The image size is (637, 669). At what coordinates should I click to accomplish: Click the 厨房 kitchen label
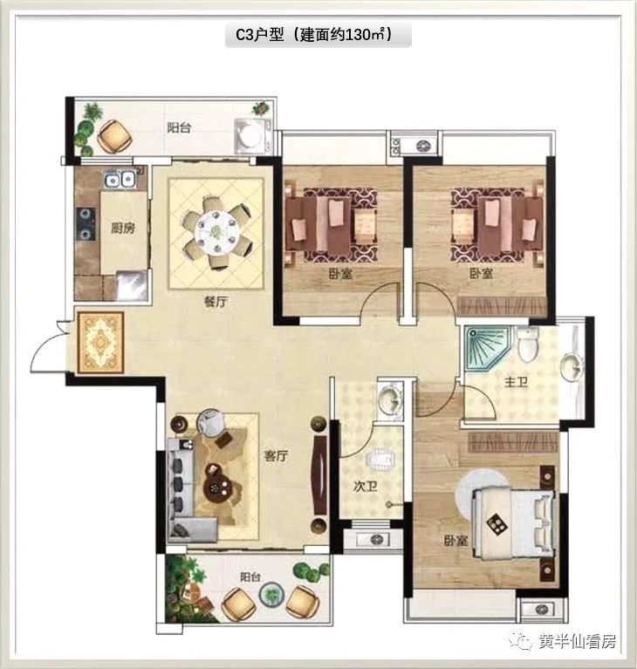[123, 229]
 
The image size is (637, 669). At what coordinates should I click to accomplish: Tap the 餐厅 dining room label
[216, 302]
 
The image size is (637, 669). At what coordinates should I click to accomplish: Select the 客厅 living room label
[277, 455]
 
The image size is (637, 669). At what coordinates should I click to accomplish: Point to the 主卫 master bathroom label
[517, 381]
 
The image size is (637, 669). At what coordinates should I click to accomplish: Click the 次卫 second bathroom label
[366, 486]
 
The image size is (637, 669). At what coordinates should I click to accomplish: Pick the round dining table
[218, 233]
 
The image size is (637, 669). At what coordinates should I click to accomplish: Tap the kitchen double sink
[120, 179]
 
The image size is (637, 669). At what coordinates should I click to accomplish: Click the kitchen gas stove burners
[86, 223]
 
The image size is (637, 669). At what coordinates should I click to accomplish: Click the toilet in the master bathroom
[528, 344]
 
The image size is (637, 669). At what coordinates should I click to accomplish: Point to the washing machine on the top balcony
[252, 136]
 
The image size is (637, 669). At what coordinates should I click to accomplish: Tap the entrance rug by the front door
[100, 342]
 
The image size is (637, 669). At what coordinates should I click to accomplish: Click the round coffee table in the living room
[218, 488]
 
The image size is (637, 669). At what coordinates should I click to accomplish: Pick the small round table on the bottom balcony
[271, 595]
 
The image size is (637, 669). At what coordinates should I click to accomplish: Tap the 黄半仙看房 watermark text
[578, 641]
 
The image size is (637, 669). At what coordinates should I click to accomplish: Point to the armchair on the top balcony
[114, 136]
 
